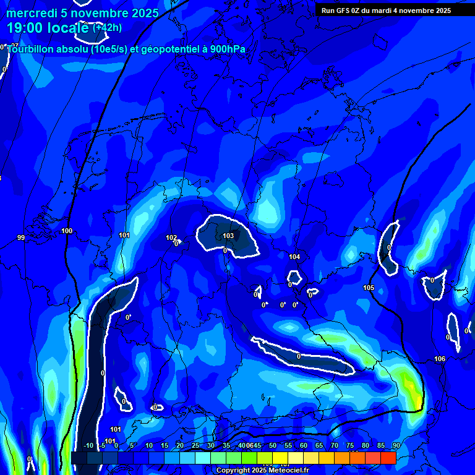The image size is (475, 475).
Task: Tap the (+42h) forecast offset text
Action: pyautogui.click(x=107, y=28)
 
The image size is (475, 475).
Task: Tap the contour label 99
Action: pyautogui.click(x=21, y=237)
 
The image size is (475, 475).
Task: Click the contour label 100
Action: pyautogui.click(x=67, y=231)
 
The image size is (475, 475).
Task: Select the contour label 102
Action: pyautogui.click(x=171, y=237)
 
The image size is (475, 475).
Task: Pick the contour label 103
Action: pyautogui.click(x=228, y=236)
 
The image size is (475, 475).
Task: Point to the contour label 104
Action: pyautogui.click(x=294, y=257)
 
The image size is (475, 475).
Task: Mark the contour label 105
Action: pyautogui.click(x=369, y=288)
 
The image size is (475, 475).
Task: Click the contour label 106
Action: pyautogui.click(x=440, y=359)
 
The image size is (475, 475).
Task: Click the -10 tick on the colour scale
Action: pyautogui.click(x=88, y=446)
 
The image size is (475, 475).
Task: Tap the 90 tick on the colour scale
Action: pyautogui.click(x=396, y=446)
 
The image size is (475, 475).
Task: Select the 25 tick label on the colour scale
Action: pyautogui.click(x=195, y=446)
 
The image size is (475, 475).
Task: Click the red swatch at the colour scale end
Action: pyautogui.click(x=388, y=458)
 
